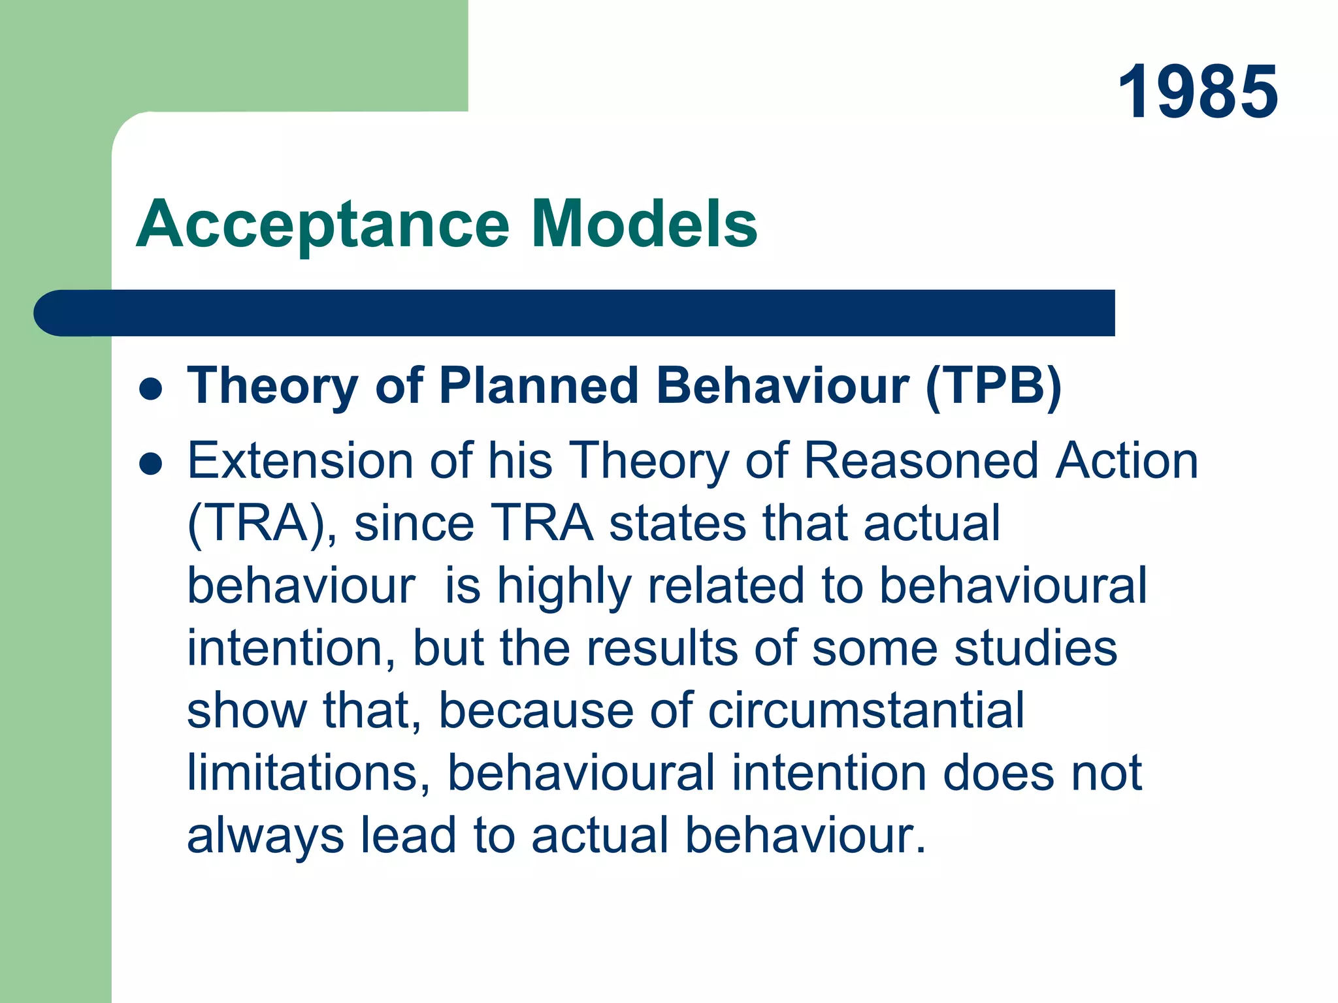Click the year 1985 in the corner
point(1198,92)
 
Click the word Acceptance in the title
point(323,225)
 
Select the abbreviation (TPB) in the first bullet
point(994,386)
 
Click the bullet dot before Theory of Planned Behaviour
point(151,389)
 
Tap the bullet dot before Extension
point(151,464)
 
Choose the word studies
point(1036,648)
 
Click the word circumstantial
point(866,710)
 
